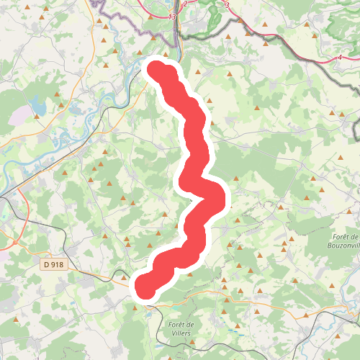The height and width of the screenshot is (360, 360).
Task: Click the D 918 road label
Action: (x=53, y=265)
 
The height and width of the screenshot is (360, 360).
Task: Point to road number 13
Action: (x=171, y=16)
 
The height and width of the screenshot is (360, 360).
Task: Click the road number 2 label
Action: (x=185, y=4)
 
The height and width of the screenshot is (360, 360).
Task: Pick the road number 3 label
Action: (x=226, y=5)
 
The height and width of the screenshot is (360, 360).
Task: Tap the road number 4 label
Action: (x=338, y=57)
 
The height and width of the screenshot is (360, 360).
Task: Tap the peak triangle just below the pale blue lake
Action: (x=36, y=129)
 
